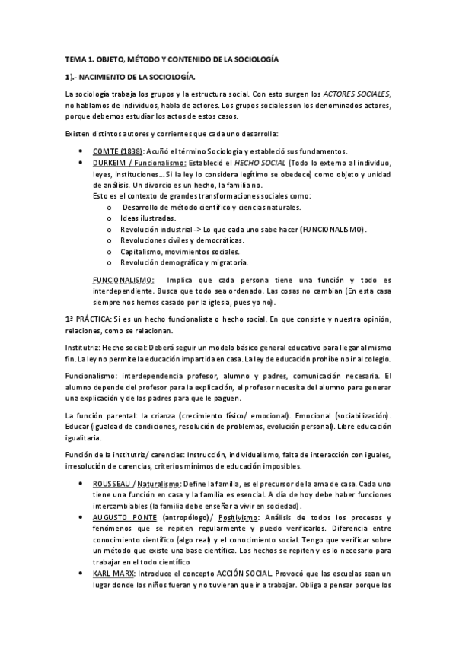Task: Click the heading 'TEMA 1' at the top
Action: (79, 59)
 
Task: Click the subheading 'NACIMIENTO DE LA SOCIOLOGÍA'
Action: (138, 77)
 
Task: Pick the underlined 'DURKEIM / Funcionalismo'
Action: (139, 163)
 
